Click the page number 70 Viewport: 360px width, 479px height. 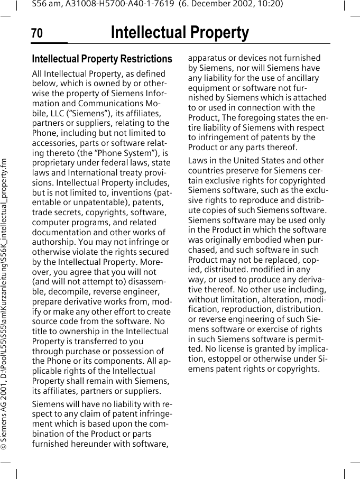[x=37, y=34]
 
